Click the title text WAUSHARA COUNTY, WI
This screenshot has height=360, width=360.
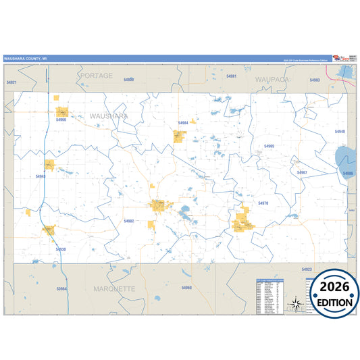pyautogui.click(x=26, y=59)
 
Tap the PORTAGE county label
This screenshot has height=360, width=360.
pyautogui.click(x=96, y=76)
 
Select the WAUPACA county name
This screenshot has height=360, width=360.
pyautogui.click(x=272, y=79)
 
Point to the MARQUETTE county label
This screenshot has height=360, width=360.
pyautogui.click(x=114, y=288)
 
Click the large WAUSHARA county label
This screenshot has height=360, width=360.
pyautogui.click(x=108, y=116)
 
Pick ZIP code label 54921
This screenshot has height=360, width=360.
pyautogui.click(x=11, y=82)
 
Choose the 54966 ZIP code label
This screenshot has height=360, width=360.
pyautogui.click(x=61, y=120)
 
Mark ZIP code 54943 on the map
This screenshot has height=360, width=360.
pyautogui.click(x=41, y=176)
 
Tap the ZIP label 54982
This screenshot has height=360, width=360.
pyautogui.click(x=129, y=221)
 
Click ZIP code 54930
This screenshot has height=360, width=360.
pyautogui.click(x=61, y=249)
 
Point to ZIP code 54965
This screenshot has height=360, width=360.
pyautogui.click(x=269, y=146)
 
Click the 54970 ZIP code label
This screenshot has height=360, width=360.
pyautogui.click(x=263, y=203)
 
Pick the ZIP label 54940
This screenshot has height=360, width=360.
pyautogui.click(x=339, y=132)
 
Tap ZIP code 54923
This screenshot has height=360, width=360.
pyautogui.click(x=307, y=269)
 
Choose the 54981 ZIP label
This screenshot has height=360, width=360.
pyautogui.click(x=232, y=76)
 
